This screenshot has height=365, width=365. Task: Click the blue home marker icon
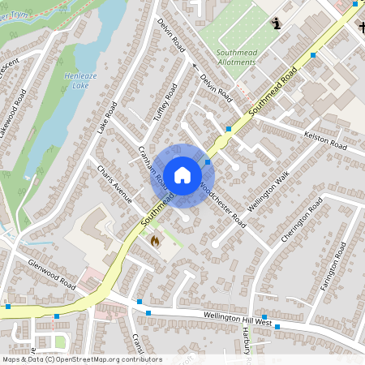[x=182, y=174]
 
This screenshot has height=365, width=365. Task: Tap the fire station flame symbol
[x=155, y=240]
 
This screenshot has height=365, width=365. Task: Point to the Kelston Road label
[x=324, y=143]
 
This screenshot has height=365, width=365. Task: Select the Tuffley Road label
[x=165, y=103]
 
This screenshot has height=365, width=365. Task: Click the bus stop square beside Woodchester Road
[x=208, y=162]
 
